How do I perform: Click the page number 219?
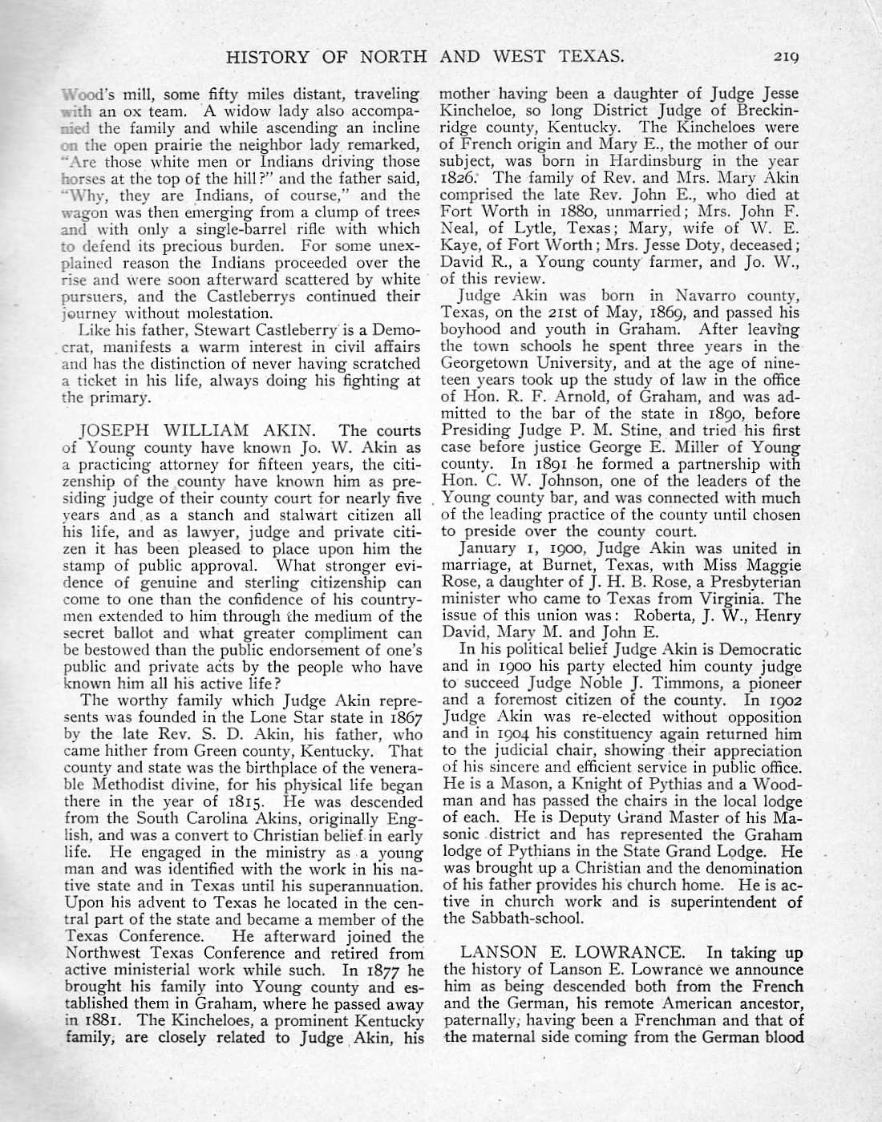(x=789, y=56)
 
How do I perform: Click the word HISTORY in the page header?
(x=269, y=56)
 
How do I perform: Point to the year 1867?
(x=404, y=717)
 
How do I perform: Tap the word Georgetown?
(x=488, y=363)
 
